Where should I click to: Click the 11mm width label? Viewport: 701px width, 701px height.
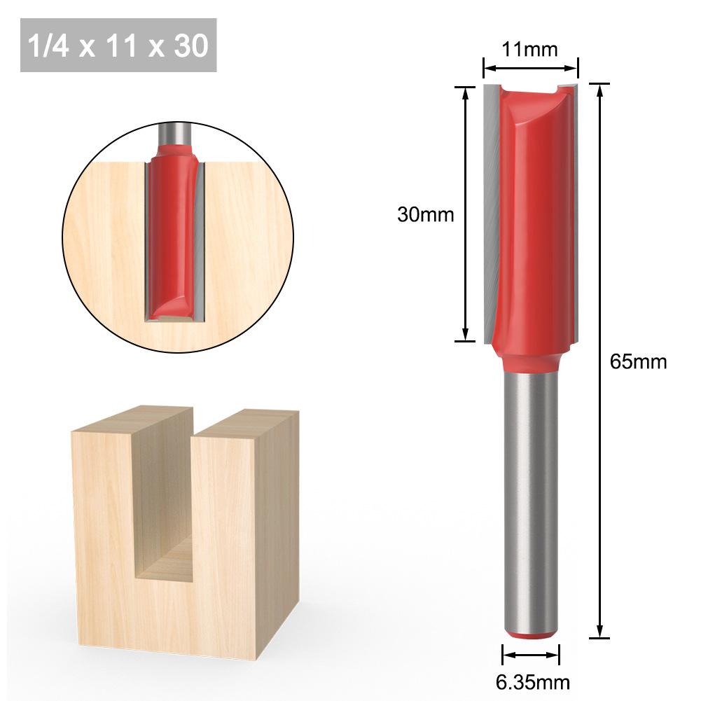coord(530,50)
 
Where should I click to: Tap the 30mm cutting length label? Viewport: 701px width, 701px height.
coord(425,215)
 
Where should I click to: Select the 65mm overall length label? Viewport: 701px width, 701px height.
coord(638,362)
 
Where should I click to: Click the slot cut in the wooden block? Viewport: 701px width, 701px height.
coord(163,511)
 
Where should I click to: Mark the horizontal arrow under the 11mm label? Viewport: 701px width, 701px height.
coord(531,69)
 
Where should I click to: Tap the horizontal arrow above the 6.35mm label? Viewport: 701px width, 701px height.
coord(531,655)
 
